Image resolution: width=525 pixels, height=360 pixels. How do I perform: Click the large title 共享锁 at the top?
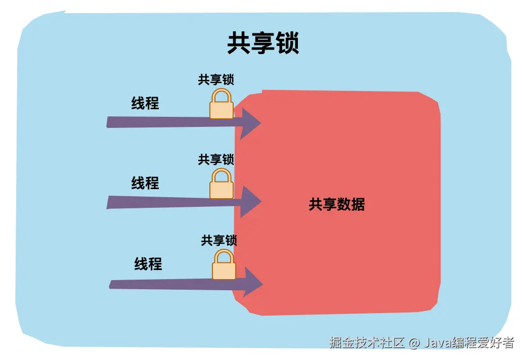[263, 43]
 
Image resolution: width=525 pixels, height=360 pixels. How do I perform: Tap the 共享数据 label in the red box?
[336, 204]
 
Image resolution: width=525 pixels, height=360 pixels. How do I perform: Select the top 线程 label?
[145, 103]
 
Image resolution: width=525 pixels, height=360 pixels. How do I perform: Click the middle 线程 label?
[145, 183]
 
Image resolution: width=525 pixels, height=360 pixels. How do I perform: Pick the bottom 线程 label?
[148, 263]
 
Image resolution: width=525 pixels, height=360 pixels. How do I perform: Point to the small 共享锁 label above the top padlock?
[216, 80]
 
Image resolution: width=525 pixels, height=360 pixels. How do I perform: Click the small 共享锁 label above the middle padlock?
[216, 159]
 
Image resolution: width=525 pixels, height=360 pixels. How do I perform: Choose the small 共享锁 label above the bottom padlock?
[219, 240]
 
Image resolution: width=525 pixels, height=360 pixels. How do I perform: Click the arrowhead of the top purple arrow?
[250, 122]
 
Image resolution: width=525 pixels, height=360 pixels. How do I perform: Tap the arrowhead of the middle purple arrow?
[250, 201]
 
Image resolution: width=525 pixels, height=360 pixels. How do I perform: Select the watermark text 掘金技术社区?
[367, 343]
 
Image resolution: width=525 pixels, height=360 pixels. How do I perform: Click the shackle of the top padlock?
[222, 96]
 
